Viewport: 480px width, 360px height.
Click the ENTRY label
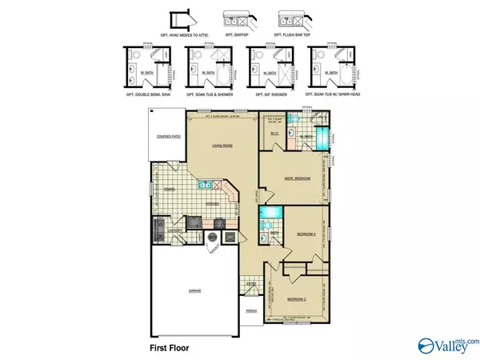[x=251, y=282]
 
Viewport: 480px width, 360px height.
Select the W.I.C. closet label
[x=274, y=134]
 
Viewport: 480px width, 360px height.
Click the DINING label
[x=169, y=190]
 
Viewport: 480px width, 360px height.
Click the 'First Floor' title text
[x=173, y=348]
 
